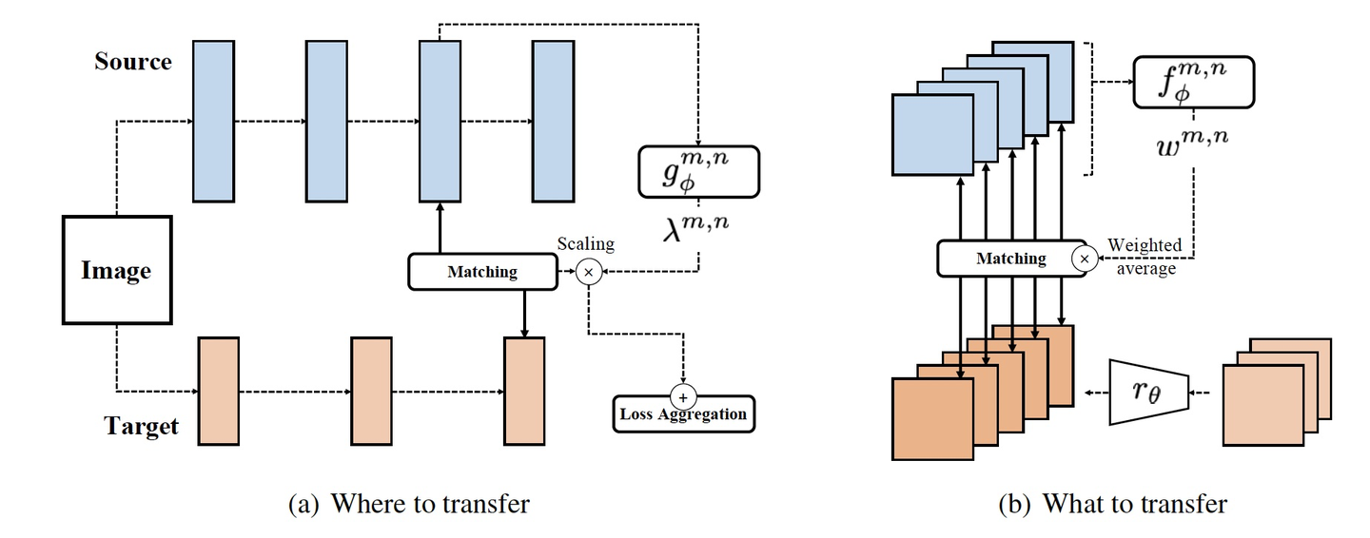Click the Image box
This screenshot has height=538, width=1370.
[x=116, y=271]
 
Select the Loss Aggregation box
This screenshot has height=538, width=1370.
[x=683, y=414]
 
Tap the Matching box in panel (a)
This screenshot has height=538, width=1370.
[x=482, y=272]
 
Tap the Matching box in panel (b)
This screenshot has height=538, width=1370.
[x=1010, y=258]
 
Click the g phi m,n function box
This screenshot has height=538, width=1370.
[x=698, y=171]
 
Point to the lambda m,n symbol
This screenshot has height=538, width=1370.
[x=699, y=228]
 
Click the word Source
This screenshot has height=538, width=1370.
[x=133, y=62]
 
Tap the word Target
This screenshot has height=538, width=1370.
[x=141, y=426]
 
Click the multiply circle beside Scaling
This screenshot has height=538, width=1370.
[x=588, y=273]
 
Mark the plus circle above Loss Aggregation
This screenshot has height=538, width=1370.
[x=683, y=394]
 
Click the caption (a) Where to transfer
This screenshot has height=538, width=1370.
[x=408, y=503]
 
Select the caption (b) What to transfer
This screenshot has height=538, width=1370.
[x=1112, y=503]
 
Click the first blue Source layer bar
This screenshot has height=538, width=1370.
[x=213, y=121]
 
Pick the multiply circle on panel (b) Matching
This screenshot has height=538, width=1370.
[x=1083, y=258]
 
